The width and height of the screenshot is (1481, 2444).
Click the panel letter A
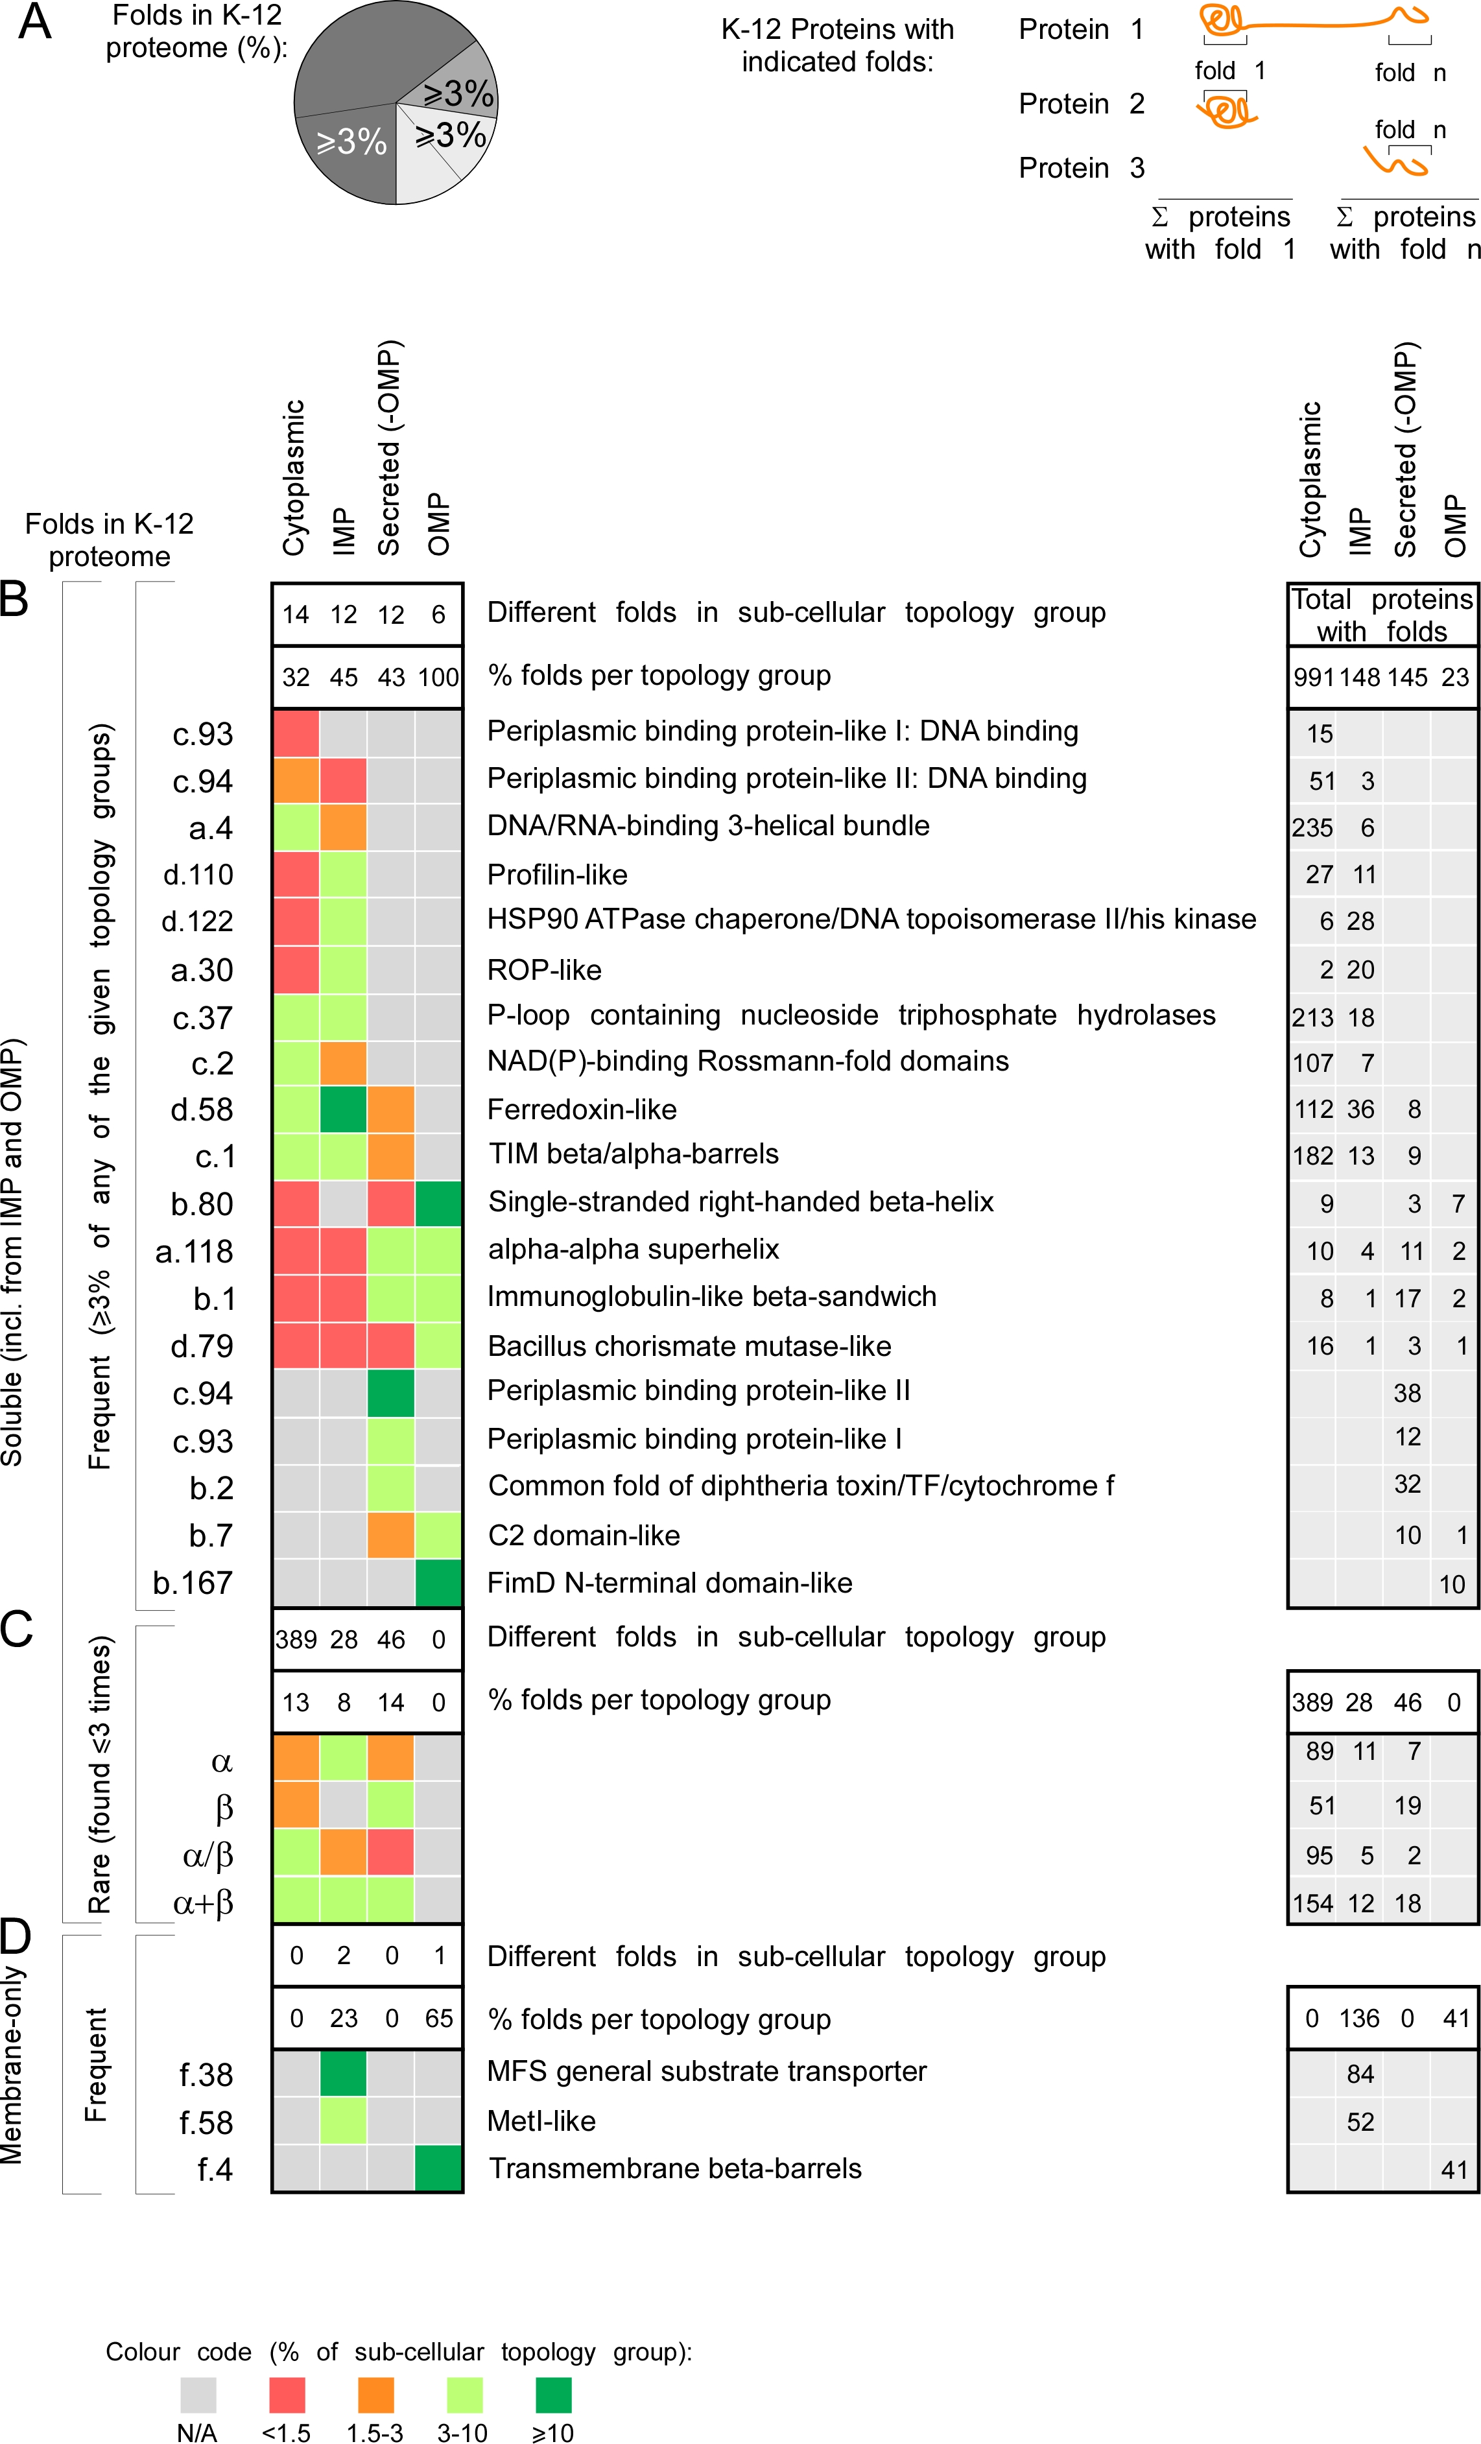click(35, 22)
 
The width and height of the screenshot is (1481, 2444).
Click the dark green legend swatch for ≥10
click(554, 2395)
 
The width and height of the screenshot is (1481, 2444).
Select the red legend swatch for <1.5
click(287, 2395)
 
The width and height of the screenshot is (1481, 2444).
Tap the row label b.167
click(193, 1583)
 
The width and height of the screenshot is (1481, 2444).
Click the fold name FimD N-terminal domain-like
click(670, 1583)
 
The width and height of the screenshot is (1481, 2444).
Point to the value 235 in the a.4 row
click(1311, 828)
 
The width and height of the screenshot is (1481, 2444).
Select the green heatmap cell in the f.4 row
click(438, 2168)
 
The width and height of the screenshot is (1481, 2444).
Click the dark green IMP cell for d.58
click(343, 1109)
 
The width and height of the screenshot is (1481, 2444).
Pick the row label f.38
click(206, 2074)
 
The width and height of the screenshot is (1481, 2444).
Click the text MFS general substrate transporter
click(706, 2071)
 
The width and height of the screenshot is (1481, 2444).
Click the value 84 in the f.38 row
click(1360, 2074)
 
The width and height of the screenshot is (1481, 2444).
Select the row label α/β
click(208, 1855)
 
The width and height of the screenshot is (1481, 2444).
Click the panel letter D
click(17, 1935)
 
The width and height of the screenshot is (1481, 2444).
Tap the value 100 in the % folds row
click(438, 678)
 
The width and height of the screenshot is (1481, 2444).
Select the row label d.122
click(197, 921)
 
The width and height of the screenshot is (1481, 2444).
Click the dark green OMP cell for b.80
click(438, 1203)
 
